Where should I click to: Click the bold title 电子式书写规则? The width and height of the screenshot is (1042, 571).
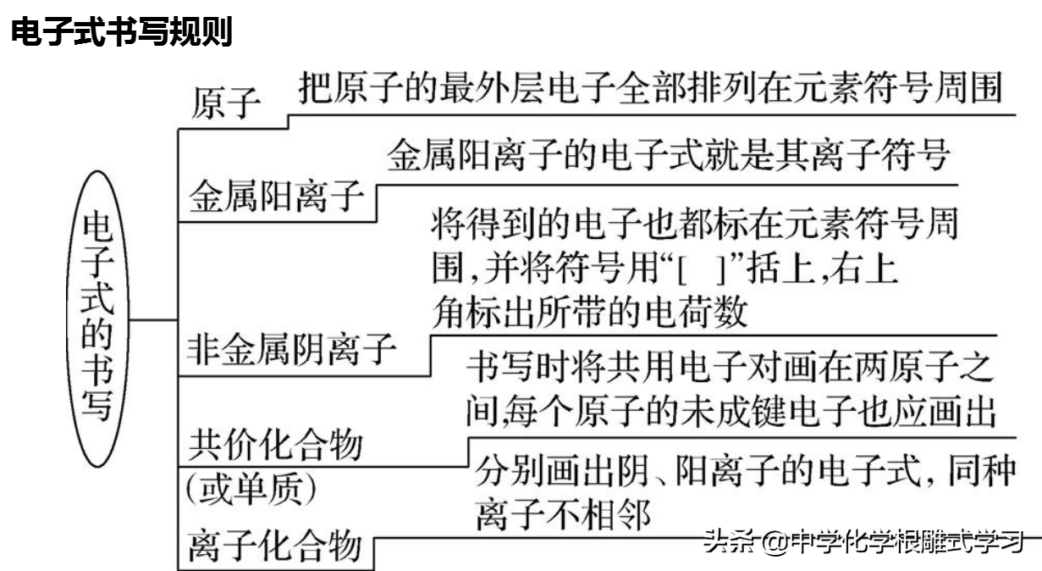point(122,31)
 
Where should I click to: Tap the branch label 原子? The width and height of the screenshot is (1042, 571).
point(226,103)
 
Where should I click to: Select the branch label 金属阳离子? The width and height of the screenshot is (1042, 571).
point(276,197)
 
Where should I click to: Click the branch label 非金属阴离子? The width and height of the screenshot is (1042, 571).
point(291,349)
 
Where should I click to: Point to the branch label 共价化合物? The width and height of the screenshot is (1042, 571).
point(276,444)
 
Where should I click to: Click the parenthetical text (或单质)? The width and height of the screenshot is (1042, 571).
point(251,489)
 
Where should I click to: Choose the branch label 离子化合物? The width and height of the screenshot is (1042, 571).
point(275,546)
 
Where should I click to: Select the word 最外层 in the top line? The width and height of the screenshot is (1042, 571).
point(492,87)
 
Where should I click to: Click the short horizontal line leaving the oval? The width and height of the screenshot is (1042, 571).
point(153,320)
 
